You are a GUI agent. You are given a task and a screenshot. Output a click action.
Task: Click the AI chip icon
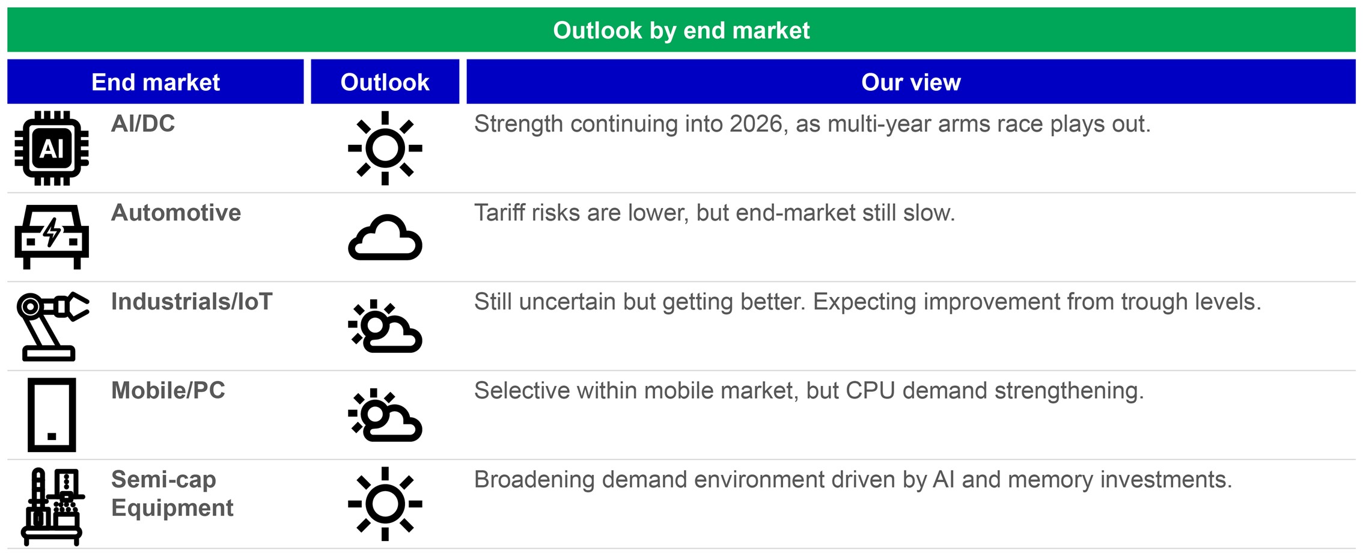pyautogui.click(x=52, y=148)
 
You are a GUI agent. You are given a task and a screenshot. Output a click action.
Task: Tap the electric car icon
pyautogui.click(x=52, y=237)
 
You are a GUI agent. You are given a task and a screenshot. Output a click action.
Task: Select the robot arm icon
pyautogui.click(x=52, y=326)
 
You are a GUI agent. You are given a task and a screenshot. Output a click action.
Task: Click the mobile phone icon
pyautogui.click(x=52, y=415)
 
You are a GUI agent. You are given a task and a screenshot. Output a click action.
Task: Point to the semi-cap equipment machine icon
pyautogui.click(x=52, y=506)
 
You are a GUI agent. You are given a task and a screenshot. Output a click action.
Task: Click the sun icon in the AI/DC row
pyautogui.click(x=385, y=148)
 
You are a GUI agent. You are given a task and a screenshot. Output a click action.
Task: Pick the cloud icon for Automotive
pyautogui.click(x=385, y=237)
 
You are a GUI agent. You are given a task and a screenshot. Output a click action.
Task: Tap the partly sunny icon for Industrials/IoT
pyautogui.click(x=385, y=326)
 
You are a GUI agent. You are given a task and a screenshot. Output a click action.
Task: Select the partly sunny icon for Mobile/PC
pyautogui.click(x=385, y=415)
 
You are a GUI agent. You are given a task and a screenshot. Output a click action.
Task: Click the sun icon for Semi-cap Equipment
pyautogui.click(x=385, y=504)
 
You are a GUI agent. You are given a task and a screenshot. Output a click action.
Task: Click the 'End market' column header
pyautogui.click(x=155, y=82)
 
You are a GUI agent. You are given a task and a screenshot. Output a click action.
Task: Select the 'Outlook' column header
pyautogui.click(x=385, y=82)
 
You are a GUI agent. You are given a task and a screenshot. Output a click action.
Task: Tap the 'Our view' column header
pyautogui.click(x=910, y=82)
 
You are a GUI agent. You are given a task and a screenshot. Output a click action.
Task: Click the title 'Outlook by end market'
pyautogui.click(x=681, y=30)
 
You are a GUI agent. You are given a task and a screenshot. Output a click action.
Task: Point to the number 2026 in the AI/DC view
pyautogui.click(x=755, y=124)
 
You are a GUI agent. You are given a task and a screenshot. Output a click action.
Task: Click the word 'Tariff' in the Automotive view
pyautogui.click(x=497, y=213)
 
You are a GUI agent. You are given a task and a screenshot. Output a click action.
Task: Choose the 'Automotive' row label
pyautogui.click(x=176, y=213)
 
